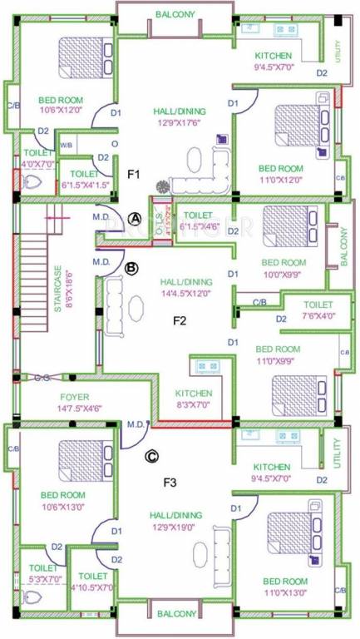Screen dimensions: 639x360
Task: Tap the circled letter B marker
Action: (x=131, y=267)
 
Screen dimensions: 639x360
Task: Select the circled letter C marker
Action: (x=151, y=455)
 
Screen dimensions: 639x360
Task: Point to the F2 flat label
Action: (x=180, y=319)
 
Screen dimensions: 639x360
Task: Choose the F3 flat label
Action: (x=170, y=481)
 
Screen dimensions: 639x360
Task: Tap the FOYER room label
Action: (x=51, y=397)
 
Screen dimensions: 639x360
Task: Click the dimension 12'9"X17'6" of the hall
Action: (x=180, y=122)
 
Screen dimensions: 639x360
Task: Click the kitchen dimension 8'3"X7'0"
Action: (x=193, y=405)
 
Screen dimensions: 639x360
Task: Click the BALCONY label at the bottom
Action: (x=175, y=614)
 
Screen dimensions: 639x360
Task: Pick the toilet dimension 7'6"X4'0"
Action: (x=317, y=317)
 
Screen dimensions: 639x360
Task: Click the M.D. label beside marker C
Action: (x=136, y=424)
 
